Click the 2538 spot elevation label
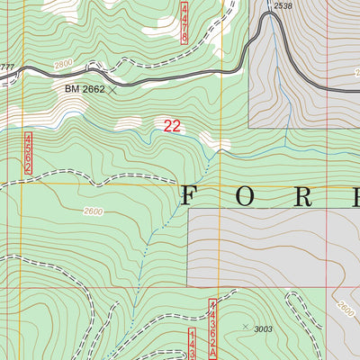pos(283,6)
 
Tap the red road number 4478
pos(184,22)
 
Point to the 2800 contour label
pos(62,66)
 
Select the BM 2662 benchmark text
pos(85,89)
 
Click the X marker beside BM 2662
pos(113,89)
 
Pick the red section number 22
pos(172,127)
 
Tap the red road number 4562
pos(29,154)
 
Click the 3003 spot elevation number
pos(263,329)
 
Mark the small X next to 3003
pos(245,327)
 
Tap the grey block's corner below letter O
pos(188,210)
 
